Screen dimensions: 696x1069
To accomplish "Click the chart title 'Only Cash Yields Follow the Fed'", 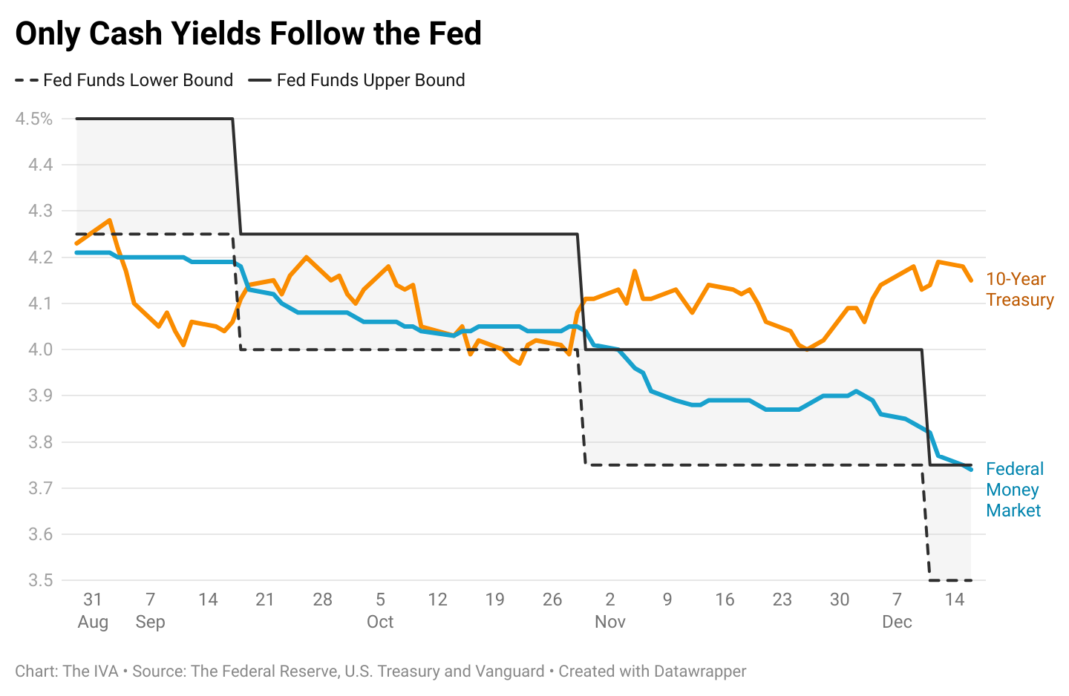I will pos(249,34).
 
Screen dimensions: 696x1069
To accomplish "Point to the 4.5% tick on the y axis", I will pos(34,119).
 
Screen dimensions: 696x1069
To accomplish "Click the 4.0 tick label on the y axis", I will pos(40,349).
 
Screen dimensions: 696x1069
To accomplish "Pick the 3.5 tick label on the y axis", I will pos(40,580).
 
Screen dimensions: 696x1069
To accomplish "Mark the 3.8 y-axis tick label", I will pos(40,442).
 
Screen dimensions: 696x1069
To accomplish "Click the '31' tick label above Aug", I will pos(93,600).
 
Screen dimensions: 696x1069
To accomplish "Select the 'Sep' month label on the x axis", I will pos(150,622).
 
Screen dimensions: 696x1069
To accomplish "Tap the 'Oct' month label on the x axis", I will pos(380,622).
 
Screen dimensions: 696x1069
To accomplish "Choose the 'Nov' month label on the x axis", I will pos(610,622).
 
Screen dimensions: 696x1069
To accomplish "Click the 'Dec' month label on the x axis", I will pos(897,622).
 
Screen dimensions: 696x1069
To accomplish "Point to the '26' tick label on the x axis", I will pos(552,600).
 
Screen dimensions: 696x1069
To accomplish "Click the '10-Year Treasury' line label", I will pos(1019,289).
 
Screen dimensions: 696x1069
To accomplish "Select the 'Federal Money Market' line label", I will pos(1014,490).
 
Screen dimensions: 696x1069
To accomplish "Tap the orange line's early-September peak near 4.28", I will pos(110,220).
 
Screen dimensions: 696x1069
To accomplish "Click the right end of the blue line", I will pos(971,469).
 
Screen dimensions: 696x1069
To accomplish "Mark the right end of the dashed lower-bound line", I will pos(970,580).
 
